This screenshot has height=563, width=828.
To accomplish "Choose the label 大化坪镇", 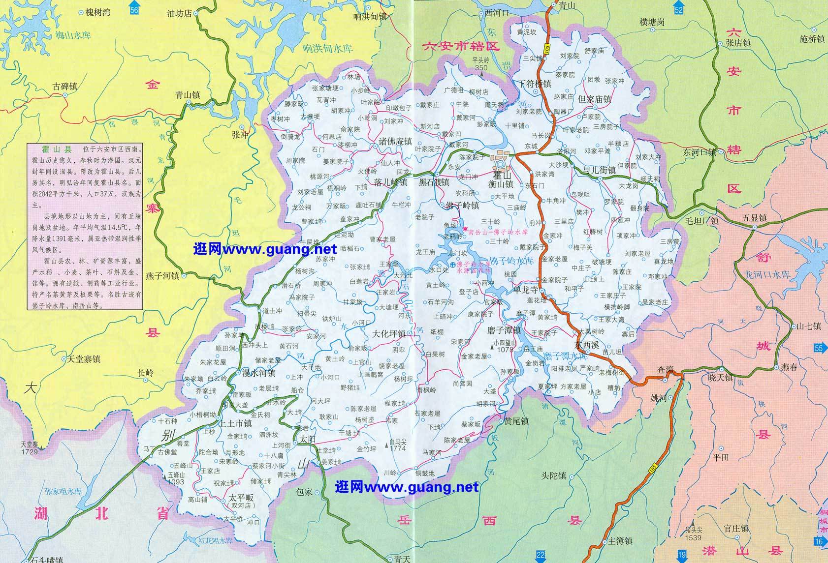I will [388, 333].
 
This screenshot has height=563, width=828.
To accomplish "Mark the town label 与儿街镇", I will [599, 170].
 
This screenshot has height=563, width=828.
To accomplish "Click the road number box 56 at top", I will [134, 10].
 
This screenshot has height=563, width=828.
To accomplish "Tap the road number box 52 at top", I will [679, 10].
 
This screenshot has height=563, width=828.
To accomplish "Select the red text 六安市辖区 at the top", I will [461, 47].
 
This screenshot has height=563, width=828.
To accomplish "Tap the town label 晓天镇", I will [720, 378].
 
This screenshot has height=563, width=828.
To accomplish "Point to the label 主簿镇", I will [620, 541].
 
